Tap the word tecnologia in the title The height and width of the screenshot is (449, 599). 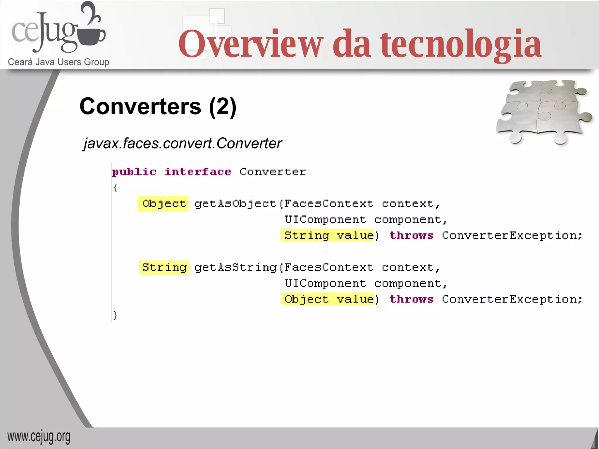(x=461, y=44)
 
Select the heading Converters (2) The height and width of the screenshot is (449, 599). (x=158, y=106)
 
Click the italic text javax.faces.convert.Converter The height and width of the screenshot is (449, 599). (x=183, y=144)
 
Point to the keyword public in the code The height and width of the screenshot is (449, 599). (x=134, y=172)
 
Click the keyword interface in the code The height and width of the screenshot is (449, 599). (x=198, y=172)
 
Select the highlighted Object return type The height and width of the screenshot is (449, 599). (x=163, y=204)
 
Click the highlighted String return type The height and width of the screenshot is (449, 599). (x=164, y=267)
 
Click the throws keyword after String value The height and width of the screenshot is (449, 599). (x=411, y=236)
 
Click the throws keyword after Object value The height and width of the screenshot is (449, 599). (x=411, y=299)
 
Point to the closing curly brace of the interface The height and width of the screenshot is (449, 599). (x=115, y=315)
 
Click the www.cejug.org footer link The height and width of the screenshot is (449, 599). (x=39, y=437)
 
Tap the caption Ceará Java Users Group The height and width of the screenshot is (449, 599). (x=58, y=62)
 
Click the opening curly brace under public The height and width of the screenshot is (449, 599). (x=115, y=188)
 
